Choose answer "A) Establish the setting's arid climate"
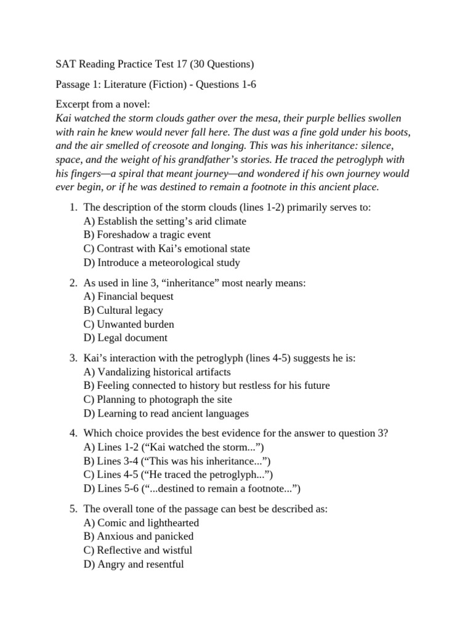click(164, 221)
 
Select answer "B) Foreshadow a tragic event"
click(147, 234)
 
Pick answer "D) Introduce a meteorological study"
click(161, 263)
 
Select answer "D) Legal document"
click(125, 338)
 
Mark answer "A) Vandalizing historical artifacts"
click(157, 372)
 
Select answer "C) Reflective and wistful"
click(137, 550)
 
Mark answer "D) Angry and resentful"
click(133, 564)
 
